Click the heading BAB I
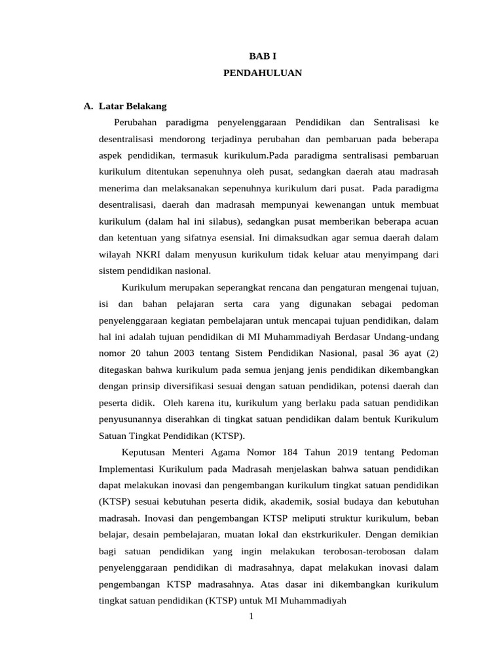(262, 56)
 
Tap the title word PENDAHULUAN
(262, 73)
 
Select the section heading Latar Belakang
(132, 105)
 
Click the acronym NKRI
(152, 254)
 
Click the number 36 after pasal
(388, 353)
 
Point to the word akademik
(312, 502)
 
